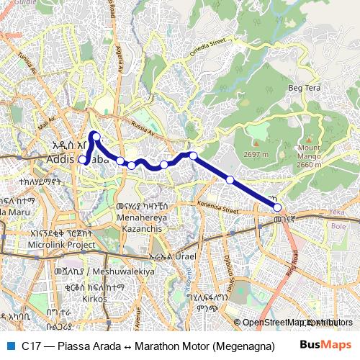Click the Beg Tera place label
(x=304, y=88)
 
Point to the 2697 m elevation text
(x=256, y=155)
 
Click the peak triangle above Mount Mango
(x=309, y=137)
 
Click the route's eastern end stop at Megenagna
(x=278, y=207)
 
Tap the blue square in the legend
(x=10, y=346)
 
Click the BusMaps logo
(x=325, y=345)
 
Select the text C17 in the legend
(x=30, y=346)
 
